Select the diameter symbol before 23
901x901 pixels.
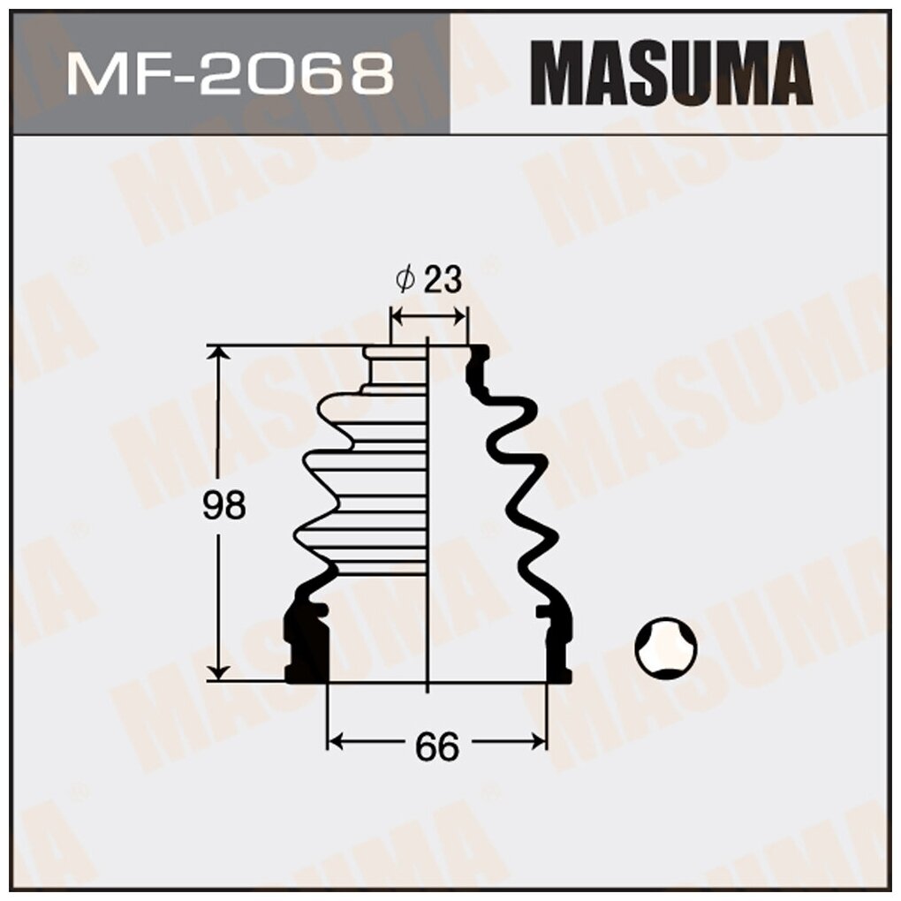(405, 281)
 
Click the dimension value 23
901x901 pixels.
(443, 281)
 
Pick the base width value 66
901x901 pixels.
(437, 746)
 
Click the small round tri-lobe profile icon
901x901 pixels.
(666, 647)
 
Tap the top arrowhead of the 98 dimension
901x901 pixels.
(218, 354)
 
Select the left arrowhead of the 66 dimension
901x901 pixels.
(336, 740)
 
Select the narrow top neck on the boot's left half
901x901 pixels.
(395, 366)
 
